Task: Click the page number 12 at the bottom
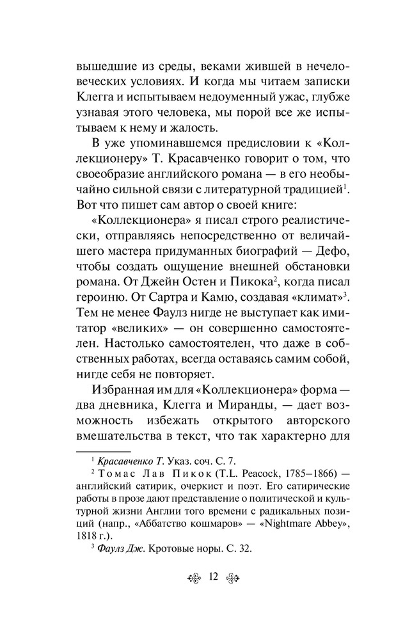214,576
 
